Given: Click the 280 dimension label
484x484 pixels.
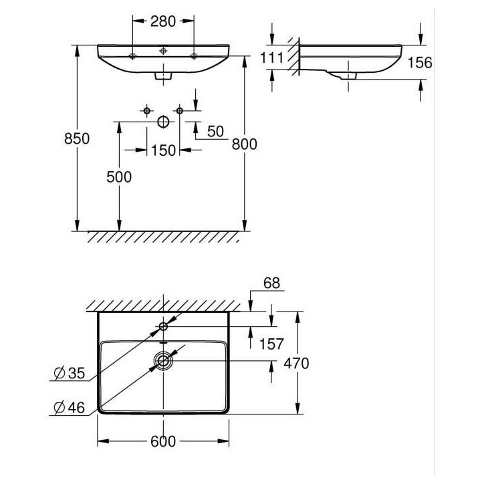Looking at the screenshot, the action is pos(163,21).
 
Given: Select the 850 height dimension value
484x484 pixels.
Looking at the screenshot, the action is pos(77,138).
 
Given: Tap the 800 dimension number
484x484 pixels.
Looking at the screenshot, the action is pos(245,144).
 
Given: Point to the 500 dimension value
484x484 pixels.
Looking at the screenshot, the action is pos(119,177).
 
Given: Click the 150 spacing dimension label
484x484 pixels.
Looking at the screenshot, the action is pos(163,150).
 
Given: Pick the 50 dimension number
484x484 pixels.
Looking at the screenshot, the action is pos(215,132).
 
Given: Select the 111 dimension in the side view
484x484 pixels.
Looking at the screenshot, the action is pos(271,57).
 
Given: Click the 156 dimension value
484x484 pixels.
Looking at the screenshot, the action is pos(420,63).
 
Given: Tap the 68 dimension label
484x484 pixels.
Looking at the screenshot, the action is pos(271,283).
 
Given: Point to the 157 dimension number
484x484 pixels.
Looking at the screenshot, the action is pos(271,344).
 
